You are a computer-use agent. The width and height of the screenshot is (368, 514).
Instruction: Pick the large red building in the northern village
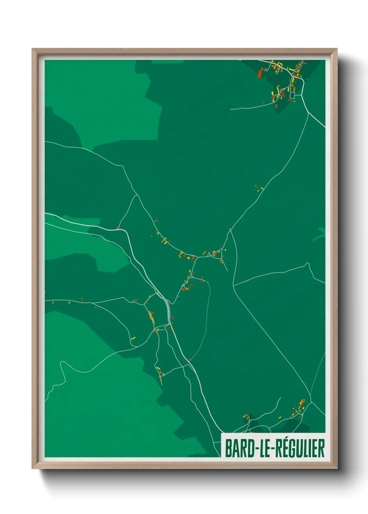click(x=259, y=74)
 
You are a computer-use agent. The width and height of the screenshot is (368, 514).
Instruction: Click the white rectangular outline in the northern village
click(x=292, y=95)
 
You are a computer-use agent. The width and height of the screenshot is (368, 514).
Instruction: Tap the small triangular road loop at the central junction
click(x=208, y=255)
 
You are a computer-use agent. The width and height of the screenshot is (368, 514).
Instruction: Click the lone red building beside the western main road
click(x=118, y=227)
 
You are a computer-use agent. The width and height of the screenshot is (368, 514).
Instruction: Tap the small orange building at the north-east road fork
click(x=230, y=229)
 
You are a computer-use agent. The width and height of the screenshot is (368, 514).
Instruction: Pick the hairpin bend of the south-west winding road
click(x=62, y=363)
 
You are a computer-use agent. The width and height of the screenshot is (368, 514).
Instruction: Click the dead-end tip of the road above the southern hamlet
click(x=280, y=398)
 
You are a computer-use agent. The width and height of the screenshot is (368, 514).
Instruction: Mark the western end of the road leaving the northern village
click(x=231, y=109)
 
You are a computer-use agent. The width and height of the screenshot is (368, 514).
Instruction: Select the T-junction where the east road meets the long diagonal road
click(x=233, y=286)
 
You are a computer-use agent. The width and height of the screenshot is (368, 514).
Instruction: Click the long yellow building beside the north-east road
click(x=262, y=189)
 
